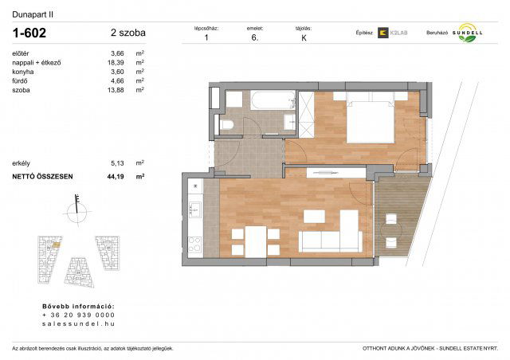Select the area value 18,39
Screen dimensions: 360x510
point(117,62)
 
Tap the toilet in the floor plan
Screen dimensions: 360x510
point(226,126)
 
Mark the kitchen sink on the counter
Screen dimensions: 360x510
point(194,209)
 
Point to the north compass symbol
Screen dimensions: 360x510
point(76,209)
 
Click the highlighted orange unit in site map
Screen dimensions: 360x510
point(50,248)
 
